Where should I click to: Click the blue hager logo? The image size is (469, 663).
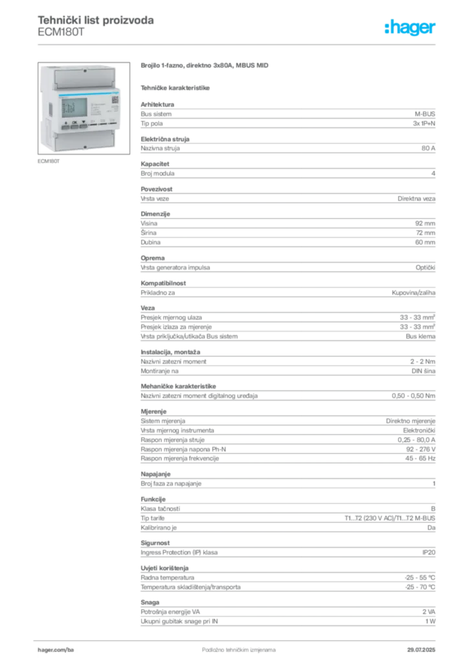[411, 28]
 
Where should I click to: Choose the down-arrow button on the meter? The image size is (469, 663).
[84, 122]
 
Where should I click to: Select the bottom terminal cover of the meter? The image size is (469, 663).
[84, 140]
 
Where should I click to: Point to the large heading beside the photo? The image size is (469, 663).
[204, 66]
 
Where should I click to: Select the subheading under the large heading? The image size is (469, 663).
[176, 87]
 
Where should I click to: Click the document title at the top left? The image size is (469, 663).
[95, 21]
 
